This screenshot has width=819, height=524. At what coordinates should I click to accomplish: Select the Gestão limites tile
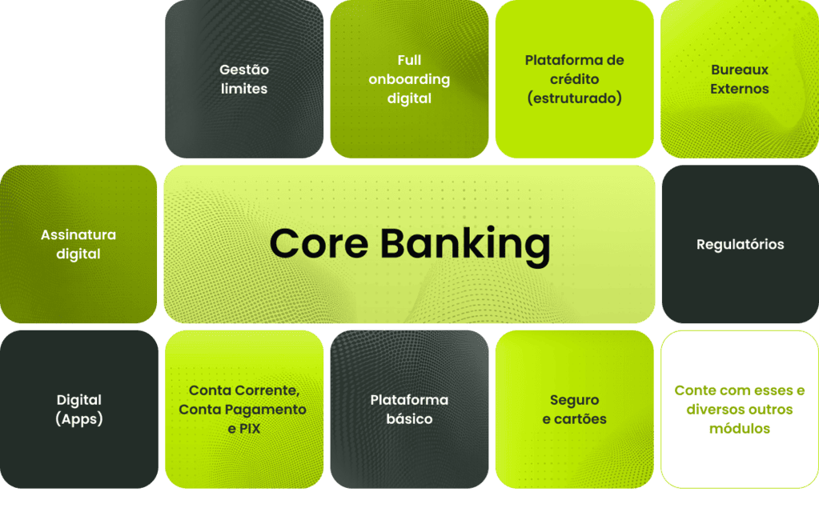pyautogui.click(x=244, y=79)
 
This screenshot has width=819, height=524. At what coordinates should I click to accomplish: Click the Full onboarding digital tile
pyautogui.click(x=409, y=79)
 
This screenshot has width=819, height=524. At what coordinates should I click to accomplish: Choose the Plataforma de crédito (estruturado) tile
pyautogui.click(x=574, y=79)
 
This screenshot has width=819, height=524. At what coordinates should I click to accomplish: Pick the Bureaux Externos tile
pyautogui.click(x=739, y=79)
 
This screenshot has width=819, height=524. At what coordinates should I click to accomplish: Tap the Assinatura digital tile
pyautogui.click(x=78, y=244)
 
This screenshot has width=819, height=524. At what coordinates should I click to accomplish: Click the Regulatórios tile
pyautogui.click(x=740, y=244)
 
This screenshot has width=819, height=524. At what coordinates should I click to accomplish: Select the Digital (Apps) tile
pyautogui.click(x=78, y=409)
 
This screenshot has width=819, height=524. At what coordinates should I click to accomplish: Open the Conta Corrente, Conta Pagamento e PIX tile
pyautogui.click(x=243, y=409)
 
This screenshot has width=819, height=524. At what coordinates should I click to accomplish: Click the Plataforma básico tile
pyautogui.click(x=409, y=409)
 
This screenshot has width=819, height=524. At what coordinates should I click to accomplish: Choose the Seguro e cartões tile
pyautogui.click(x=574, y=409)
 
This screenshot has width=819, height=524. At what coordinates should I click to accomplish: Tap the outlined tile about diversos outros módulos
pyautogui.click(x=739, y=409)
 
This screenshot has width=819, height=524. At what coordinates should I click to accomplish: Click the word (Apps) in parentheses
pyautogui.click(x=79, y=419)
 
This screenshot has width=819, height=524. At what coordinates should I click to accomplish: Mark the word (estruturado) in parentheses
pyautogui.click(x=574, y=99)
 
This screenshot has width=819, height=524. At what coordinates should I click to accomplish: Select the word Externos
pyautogui.click(x=739, y=89)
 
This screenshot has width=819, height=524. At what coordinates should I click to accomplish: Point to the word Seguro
pyautogui.click(x=574, y=400)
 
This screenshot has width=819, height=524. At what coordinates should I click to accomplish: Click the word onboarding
pyautogui.click(x=409, y=79)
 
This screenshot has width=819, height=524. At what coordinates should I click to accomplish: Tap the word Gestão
pyautogui.click(x=244, y=70)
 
